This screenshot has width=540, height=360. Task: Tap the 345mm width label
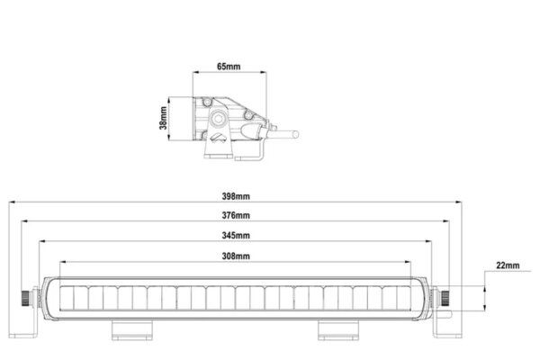(235, 235)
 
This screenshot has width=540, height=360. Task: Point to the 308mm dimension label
(235, 256)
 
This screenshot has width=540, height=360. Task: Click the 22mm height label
(508, 265)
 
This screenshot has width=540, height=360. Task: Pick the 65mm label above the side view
(228, 66)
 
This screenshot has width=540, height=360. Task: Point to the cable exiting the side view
(287, 135)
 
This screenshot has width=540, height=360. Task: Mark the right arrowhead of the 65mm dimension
(260, 74)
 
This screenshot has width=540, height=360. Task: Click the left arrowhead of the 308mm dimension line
(61, 263)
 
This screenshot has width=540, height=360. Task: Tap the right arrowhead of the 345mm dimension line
(429, 241)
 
